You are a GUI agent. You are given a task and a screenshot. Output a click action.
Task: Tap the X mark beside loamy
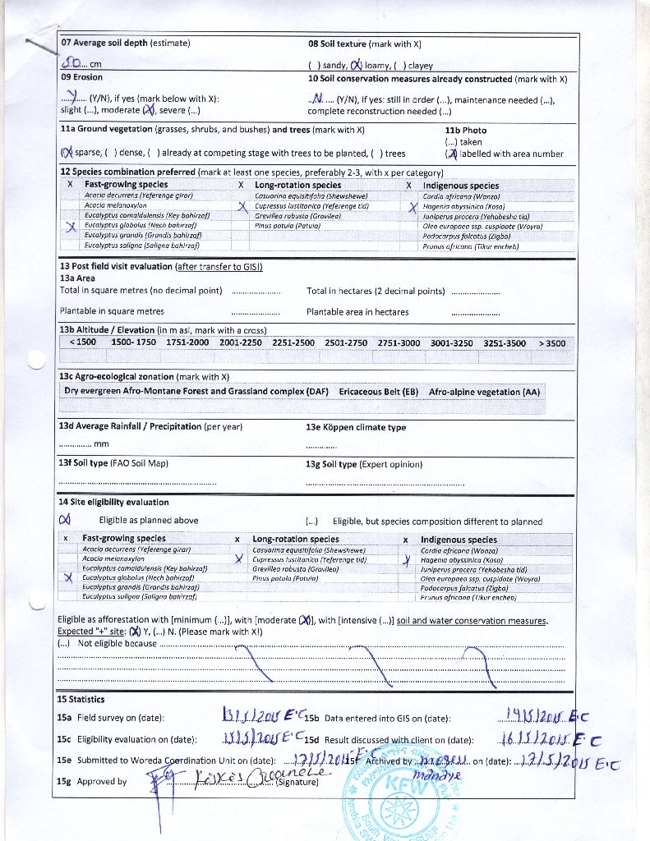(x=356, y=66)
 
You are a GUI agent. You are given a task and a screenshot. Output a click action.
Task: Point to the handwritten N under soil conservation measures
(x=317, y=99)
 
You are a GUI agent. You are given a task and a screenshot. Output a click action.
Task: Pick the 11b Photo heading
(x=465, y=130)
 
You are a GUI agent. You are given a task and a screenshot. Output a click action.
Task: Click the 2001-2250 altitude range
(x=240, y=342)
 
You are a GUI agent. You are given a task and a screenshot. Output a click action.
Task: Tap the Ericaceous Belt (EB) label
(x=378, y=392)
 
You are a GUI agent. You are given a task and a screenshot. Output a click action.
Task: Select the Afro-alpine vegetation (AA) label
(x=485, y=392)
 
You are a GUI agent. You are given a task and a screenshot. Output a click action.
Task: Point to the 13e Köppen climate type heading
(x=355, y=427)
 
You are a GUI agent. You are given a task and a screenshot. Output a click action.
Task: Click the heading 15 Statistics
(x=81, y=699)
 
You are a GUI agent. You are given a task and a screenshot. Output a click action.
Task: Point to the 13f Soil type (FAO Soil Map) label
(x=113, y=464)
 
